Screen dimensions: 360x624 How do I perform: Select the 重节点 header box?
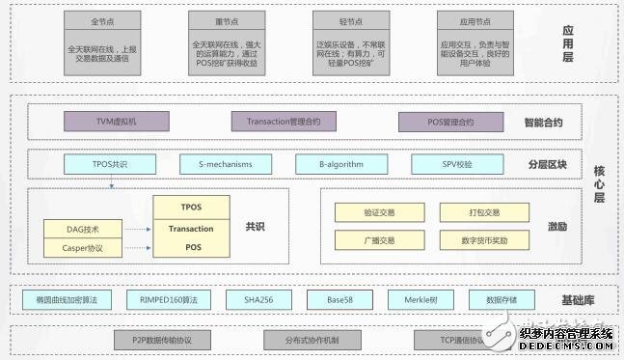click(227, 20)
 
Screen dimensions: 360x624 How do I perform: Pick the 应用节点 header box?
click(475, 20)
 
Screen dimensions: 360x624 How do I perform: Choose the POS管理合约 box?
click(451, 122)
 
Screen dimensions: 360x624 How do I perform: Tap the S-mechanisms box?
click(225, 164)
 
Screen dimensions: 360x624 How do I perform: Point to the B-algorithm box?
click(342, 164)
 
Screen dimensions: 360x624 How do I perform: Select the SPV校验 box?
click(456, 164)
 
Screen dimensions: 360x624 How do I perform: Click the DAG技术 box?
click(84, 230)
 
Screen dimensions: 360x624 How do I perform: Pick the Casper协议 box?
click(84, 249)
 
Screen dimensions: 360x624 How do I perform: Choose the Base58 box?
click(339, 300)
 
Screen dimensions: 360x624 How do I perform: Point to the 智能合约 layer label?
click(543, 123)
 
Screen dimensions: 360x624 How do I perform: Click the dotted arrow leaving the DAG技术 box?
click(138, 230)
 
